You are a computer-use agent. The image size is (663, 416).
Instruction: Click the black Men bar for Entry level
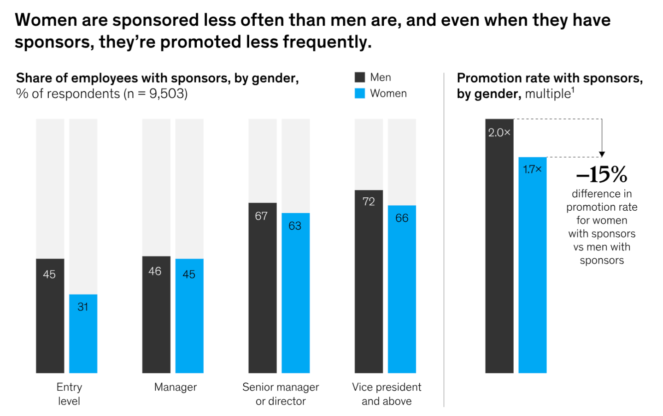[50, 315]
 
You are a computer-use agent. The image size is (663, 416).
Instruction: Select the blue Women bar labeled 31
[83, 333]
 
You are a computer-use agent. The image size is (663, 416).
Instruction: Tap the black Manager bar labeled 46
[156, 314]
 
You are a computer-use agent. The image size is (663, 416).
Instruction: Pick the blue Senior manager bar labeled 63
[295, 293]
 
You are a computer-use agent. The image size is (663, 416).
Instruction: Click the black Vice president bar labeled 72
[369, 281]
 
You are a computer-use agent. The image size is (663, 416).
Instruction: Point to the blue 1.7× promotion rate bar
[532, 265]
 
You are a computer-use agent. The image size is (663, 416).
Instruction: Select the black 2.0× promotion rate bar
[499, 246]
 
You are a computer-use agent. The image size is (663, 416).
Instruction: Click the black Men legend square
[360, 77]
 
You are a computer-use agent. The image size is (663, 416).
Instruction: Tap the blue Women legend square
[360, 93]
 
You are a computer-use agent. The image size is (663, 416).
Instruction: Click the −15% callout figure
[602, 175]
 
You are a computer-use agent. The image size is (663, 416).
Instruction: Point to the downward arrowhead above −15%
[602, 154]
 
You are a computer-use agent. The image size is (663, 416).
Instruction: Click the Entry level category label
[69, 394]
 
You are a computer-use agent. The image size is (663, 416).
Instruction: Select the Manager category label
[176, 387]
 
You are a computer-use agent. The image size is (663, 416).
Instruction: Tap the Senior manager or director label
[281, 394]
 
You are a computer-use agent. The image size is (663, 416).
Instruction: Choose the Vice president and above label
[387, 394]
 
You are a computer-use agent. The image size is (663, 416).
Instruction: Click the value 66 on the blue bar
[402, 218]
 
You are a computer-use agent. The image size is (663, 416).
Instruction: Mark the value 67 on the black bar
[261, 216]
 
